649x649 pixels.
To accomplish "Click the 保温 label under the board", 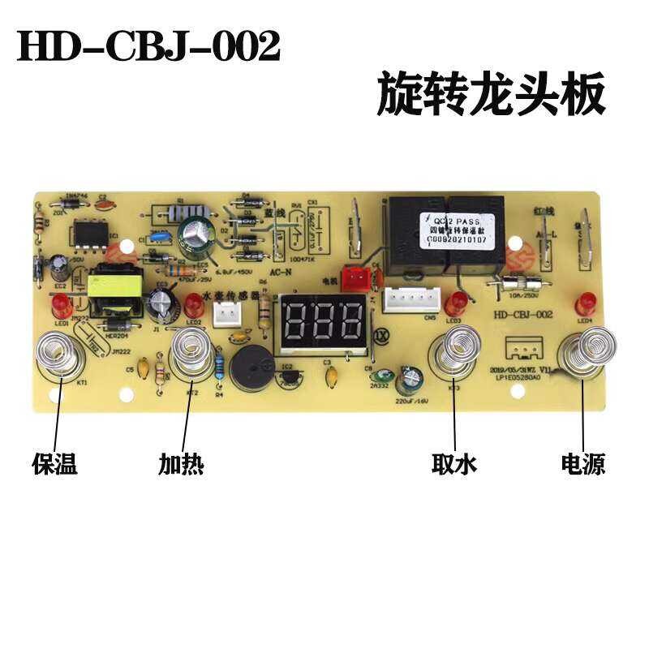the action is click(54, 464).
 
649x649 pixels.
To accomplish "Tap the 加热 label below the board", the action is click(181, 464).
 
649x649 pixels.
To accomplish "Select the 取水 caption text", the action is click(453, 464).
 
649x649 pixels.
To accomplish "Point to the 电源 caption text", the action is click(583, 464).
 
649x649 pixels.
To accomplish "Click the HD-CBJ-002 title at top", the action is click(148, 47).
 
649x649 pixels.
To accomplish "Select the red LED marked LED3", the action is click(457, 304).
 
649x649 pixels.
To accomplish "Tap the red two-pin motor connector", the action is click(355, 278).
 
